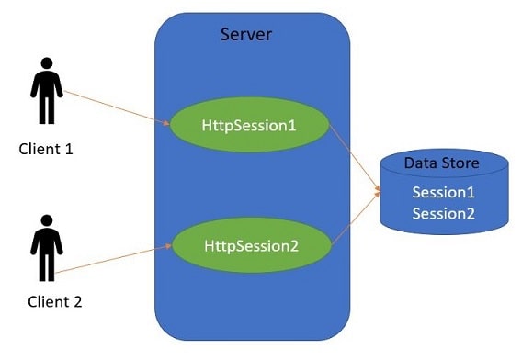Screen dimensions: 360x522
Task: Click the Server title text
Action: point(246,35)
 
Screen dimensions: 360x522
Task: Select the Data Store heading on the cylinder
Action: point(442,164)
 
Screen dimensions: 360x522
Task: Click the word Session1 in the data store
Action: point(443,193)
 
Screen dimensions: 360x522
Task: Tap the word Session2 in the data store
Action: point(443,214)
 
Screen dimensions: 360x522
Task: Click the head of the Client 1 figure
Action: point(46,66)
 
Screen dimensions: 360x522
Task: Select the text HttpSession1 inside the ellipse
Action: point(248,123)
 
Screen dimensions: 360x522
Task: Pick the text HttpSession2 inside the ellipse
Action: point(248,246)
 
